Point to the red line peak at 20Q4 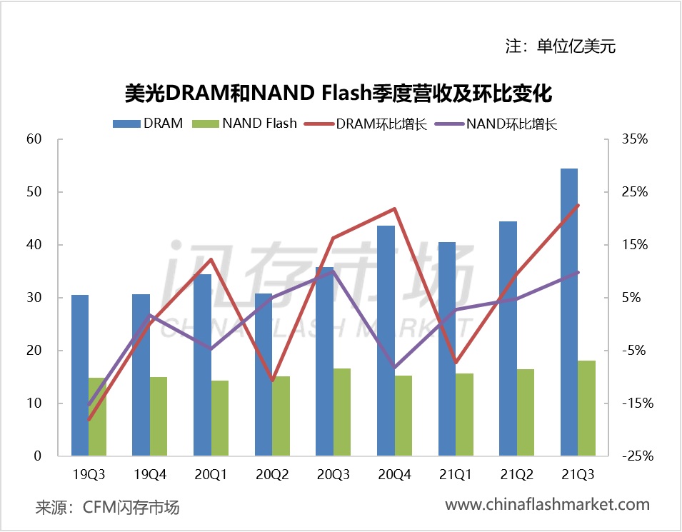point(395,209)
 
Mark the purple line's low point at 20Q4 point(395,367)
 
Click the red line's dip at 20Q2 point(272,381)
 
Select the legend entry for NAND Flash point(250,123)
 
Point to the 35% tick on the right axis point(633,139)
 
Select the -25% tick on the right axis point(631,456)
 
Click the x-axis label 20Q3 point(334,473)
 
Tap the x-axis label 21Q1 point(456,473)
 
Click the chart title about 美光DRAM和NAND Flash point(339,93)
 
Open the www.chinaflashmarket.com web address point(547,505)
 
